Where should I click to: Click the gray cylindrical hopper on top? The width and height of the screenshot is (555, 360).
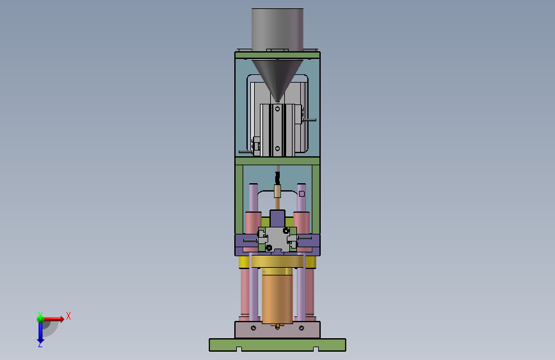click(x=278, y=29)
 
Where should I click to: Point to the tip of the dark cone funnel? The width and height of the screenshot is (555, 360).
click(x=278, y=101)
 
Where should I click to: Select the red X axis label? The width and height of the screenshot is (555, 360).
click(x=68, y=316)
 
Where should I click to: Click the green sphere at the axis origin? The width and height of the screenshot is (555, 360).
click(x=41, y=318)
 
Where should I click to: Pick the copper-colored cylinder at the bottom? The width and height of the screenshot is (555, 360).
click(x=278, y=297)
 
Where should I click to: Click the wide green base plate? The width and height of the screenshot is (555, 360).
click(x=278, y=345)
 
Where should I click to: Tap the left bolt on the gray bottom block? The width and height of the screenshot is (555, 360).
click(x=253, y=328)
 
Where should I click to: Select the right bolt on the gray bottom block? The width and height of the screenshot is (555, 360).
click(x=302, y=328)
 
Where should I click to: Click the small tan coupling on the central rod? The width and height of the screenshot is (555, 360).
click(x=278, y=192)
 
